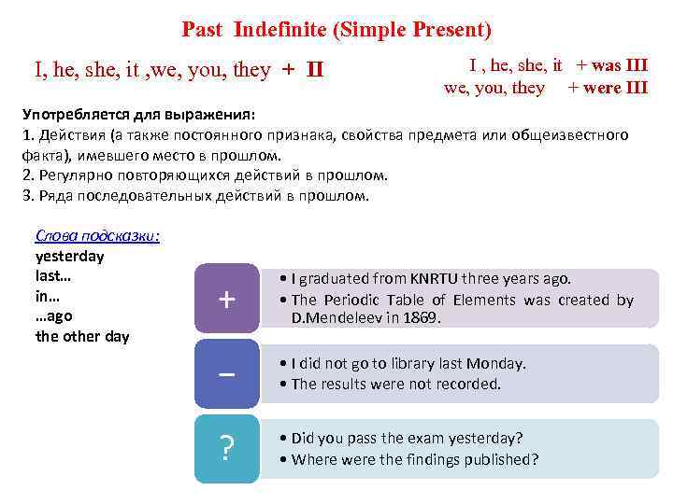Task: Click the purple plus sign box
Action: [226, 299]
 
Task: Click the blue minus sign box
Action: [226, 373]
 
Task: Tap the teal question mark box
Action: [226, 448]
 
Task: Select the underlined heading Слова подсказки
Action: [97, 235]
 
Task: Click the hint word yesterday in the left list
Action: [69, 256]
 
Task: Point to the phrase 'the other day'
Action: [82, 336]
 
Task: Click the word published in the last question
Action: [501, 458]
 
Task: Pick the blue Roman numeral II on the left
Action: [315, 69]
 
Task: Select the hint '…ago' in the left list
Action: [54, 316]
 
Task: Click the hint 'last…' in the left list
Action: [53, 276]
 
